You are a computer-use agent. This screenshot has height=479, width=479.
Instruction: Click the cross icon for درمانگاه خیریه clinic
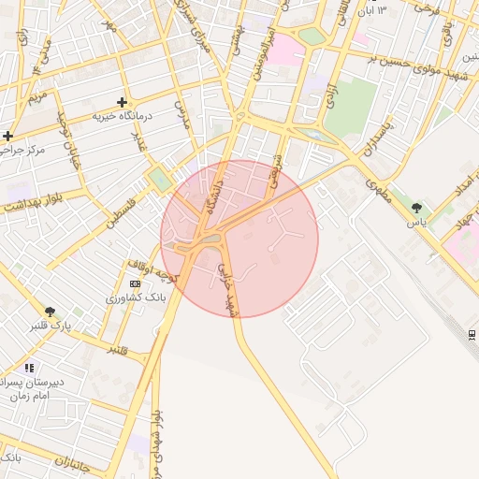click(121, 102)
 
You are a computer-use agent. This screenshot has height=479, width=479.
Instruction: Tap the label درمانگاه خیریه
click(122, 116)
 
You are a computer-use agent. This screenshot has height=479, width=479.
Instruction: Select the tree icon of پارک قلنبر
click(50, 312)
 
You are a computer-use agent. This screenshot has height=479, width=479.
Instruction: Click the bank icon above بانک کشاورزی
click(136, 283)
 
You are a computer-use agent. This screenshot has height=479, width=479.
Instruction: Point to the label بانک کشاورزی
click(136, 297)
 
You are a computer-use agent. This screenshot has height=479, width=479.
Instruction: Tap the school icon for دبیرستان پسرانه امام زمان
click(29, 369)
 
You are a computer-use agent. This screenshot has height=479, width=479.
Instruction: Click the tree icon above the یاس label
click(416, 208)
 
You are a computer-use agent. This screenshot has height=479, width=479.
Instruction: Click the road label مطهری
click(378, 189)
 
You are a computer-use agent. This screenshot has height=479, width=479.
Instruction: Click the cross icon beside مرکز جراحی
click(7, 137)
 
